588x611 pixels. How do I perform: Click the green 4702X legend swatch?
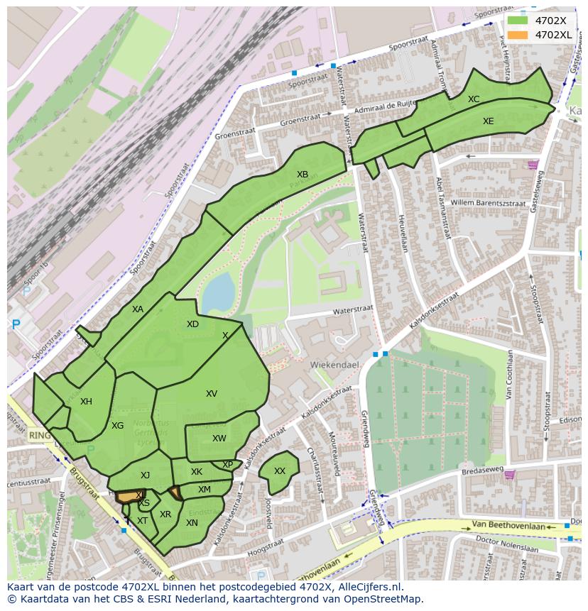pos(518,21)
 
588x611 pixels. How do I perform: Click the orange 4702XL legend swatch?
pos(518,34)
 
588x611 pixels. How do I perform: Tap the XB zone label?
pos(303,175)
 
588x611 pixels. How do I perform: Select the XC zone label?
pos(474,99)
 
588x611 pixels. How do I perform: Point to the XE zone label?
pos(489,121)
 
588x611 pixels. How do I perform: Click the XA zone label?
pos(138,309)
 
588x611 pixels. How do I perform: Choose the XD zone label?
pos(192,324)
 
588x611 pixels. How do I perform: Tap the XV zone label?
pos(212,394)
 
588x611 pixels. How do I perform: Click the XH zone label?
pos(86,402)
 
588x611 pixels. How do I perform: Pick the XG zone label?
pos(118,426)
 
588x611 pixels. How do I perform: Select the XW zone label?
pos(219,439)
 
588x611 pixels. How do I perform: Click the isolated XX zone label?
pos(280,471)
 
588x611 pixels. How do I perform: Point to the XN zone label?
pos(192,523)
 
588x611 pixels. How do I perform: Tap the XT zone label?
pos(142,521)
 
